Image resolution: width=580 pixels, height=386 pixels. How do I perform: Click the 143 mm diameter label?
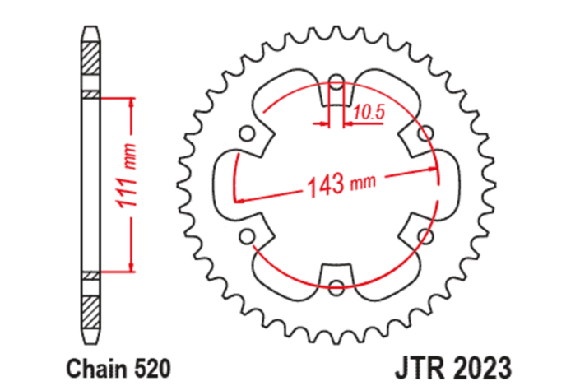point(336,184)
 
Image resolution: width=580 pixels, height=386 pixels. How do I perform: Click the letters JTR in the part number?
point(421,364)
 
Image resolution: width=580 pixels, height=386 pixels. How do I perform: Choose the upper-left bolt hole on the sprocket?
point(246,133)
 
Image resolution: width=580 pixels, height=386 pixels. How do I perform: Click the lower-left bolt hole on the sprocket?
point(246,236)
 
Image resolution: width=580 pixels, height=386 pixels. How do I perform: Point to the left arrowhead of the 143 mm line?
point(239,198)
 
